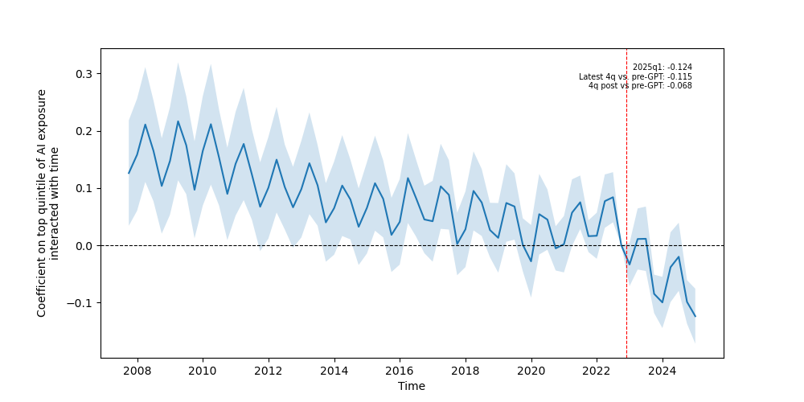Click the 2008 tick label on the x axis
137,371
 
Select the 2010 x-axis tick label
203,371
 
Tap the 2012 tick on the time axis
268,371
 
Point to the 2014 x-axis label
334,371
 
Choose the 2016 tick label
400,371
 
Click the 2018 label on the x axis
465,371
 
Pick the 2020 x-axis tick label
531,371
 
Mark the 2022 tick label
597,371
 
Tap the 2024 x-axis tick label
662,371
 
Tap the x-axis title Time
412,386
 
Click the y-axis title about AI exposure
48,203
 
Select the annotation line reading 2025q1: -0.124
662,68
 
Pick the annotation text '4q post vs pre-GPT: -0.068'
640,86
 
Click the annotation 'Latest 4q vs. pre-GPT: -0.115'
635,77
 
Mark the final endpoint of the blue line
695,316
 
